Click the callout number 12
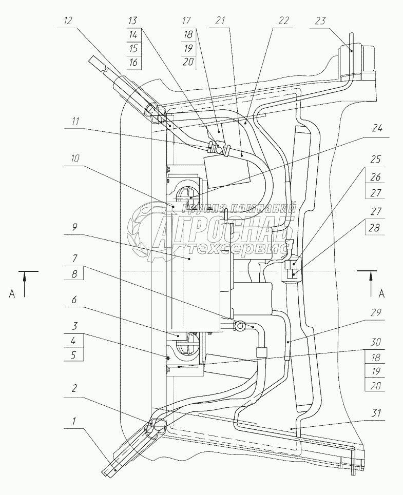point(68,21)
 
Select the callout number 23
point(320,21)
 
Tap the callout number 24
point(376,129)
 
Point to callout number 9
point(74,228)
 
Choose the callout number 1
point(74,421)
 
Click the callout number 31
point(375,413)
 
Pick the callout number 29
point(376,312)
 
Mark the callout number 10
point(75,159)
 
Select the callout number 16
point(133,62)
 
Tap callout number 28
point(375,228)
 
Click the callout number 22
point(283,21)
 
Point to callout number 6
point(74,299)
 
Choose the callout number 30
point(375,342)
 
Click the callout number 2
point(74,388)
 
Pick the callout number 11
point(75,121)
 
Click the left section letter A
point(12,294)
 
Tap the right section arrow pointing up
point(371,284)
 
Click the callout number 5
point(73,355)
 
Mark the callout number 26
point(375,177)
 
